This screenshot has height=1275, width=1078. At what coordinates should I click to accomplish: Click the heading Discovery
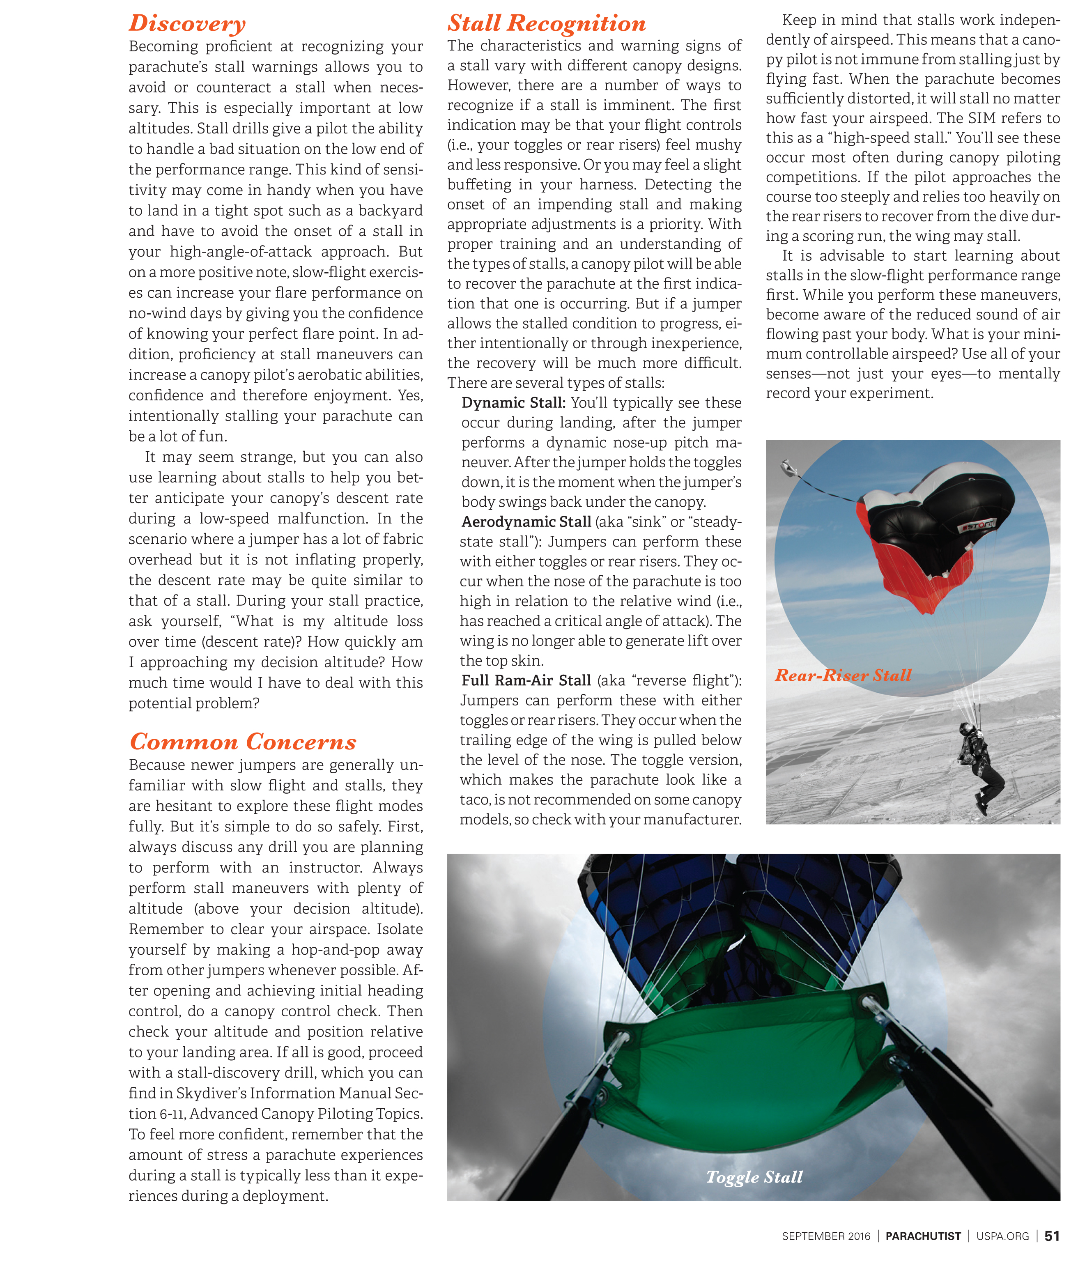[x=187, y=23]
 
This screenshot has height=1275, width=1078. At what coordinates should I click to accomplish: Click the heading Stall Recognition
[x=546, y=23]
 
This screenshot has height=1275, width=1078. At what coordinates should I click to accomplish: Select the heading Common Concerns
[x=243, y=741]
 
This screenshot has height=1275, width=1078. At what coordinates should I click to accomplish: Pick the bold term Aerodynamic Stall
[x=526, y=522]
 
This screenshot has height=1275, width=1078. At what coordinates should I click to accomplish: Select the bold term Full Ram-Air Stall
[x=526, y=680]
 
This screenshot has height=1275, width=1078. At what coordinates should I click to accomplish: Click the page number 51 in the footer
[x=1052, y=1236]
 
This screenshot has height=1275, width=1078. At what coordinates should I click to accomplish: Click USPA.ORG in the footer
[x=1002, y=1236]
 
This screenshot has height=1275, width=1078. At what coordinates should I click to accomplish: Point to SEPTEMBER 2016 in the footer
[x=825, y=1236]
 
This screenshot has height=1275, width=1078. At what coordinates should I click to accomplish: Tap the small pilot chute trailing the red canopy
[x=788, y=469]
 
